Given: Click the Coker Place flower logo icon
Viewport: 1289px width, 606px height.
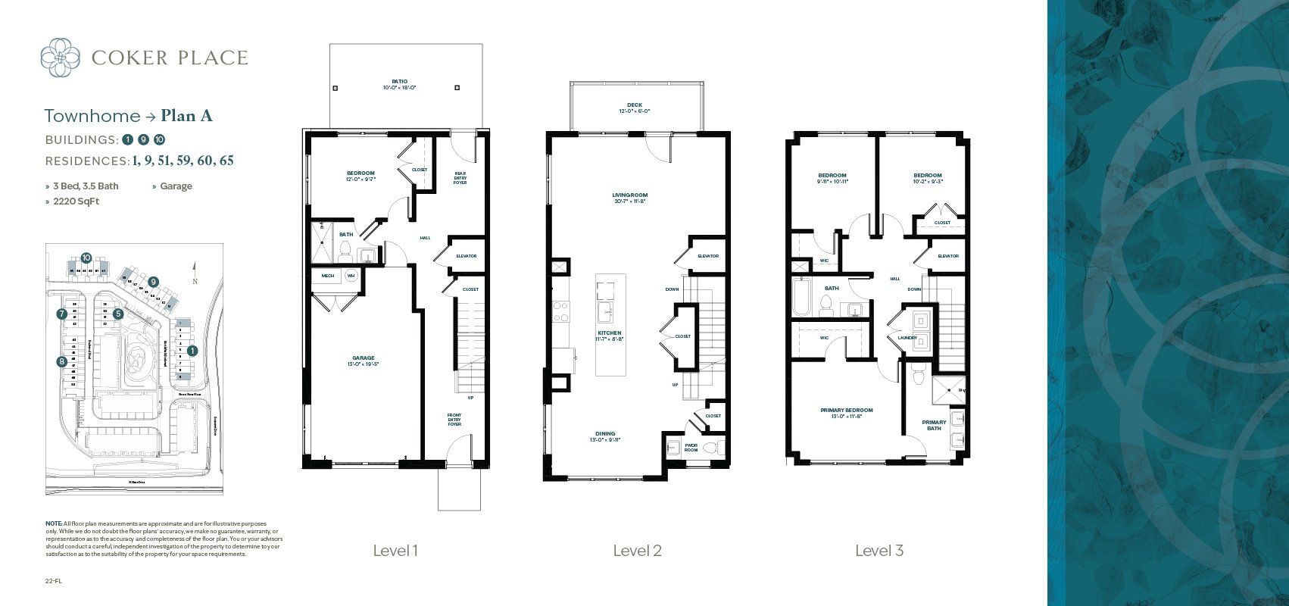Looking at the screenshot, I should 60,58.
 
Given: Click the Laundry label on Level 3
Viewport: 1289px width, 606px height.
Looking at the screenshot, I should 907,338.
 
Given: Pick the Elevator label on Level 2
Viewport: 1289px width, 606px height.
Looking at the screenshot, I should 707,256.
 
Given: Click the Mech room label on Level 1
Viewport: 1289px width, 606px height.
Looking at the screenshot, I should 327,276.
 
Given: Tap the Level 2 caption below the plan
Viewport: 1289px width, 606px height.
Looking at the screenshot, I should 637,551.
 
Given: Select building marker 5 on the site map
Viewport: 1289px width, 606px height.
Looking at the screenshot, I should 118,313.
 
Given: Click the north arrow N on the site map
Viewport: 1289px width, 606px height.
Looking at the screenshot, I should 195,280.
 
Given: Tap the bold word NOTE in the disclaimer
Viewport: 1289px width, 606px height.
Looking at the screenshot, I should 53,523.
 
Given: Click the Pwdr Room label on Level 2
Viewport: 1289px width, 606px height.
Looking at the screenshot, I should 691,447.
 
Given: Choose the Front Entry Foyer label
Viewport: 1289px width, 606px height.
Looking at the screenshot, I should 454,420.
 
